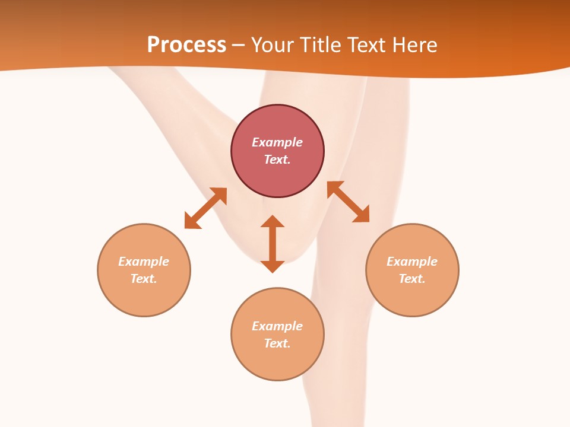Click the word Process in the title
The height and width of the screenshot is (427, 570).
(186, 45)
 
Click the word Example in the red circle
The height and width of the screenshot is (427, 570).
(277, 142)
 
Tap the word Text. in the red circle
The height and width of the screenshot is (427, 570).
(277, 160)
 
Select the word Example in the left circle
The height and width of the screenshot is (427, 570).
(144, 262)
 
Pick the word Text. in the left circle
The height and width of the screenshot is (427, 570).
(144, 279)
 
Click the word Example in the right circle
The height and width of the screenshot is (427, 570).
(412, 262)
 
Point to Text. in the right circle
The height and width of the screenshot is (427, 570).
(412, 279)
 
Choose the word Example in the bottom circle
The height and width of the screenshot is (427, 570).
(277, 326)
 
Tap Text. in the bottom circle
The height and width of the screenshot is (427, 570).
(277, 343)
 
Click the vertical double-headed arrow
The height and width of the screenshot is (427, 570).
(273, 244)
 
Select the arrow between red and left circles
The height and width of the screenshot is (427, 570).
(205, 208)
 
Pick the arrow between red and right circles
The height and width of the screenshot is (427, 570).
(348, 202)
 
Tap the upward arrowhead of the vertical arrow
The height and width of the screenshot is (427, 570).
(273, 222)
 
